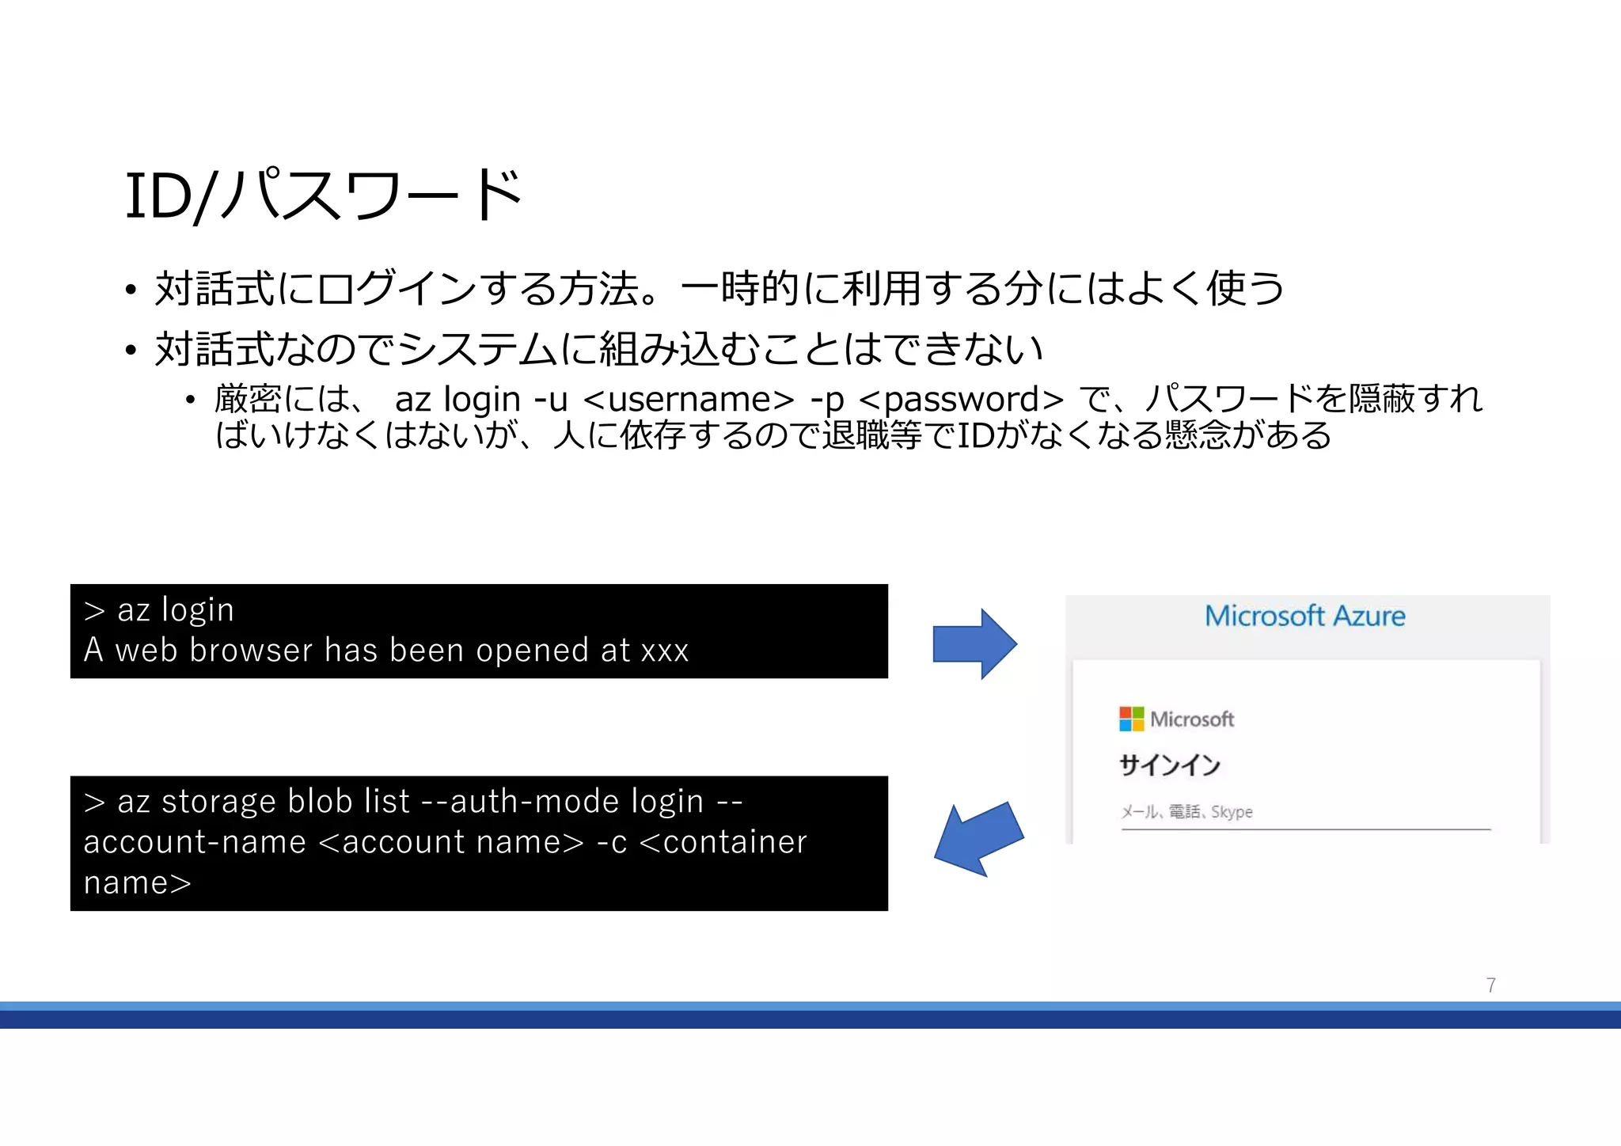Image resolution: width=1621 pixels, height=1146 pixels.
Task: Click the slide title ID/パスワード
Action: pyautogui.click(x=323, y=195)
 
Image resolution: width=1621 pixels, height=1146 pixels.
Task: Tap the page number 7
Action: pyautogui.click(x=1490, y=985)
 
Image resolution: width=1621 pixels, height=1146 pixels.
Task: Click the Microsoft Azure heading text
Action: pyautogui.click(x=1304, y=616)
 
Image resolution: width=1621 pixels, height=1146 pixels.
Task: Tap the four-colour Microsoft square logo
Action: pyautogui.click(x=1131, y=719)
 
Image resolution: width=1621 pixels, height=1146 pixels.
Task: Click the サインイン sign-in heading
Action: pyautogui.click(x=1169, y=765)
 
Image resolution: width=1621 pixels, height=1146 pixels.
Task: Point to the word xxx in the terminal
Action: pyautogui.click(x=664, y=651)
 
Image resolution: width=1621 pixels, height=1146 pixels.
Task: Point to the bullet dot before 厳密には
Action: pyautogui.click(x=190, y=400)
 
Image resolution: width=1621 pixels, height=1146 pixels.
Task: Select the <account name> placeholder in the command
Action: pyautogui.click(x=450, y=842)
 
